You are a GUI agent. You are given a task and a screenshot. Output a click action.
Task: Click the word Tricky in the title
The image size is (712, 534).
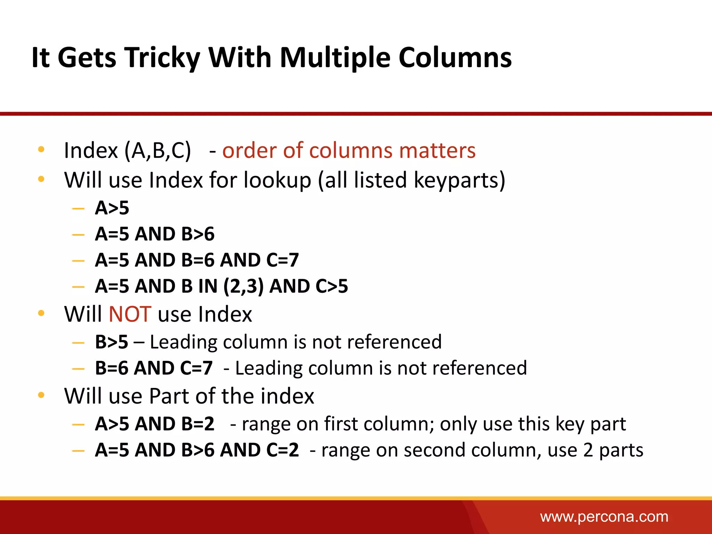[162, 57]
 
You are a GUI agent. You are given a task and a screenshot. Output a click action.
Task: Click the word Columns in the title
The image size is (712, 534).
[455, 57]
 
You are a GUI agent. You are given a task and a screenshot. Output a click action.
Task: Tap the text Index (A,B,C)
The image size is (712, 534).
[127, 151]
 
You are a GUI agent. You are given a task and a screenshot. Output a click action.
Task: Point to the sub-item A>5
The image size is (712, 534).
[112, 208]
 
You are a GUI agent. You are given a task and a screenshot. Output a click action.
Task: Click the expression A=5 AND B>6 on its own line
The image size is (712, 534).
[155, 234]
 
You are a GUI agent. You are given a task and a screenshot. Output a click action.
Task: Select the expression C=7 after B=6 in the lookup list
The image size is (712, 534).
[282, 260]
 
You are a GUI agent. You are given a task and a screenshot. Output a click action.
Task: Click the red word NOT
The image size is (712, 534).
[130, 314]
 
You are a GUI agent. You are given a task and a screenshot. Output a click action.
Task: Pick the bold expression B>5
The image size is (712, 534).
[112, 342]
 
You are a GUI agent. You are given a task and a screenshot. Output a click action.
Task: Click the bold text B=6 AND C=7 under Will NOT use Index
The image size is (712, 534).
[154, 368]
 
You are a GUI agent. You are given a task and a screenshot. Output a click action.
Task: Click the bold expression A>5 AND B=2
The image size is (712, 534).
[155, 424]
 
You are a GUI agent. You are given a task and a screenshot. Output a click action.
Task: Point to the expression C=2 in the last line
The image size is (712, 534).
[282, 450]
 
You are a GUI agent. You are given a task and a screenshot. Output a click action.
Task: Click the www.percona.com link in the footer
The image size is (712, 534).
[604, 517]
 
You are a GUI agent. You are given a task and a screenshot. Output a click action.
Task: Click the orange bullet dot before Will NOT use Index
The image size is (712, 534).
[41, 313]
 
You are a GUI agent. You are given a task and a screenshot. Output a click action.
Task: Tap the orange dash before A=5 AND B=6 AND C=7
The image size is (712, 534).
[78, 260]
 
